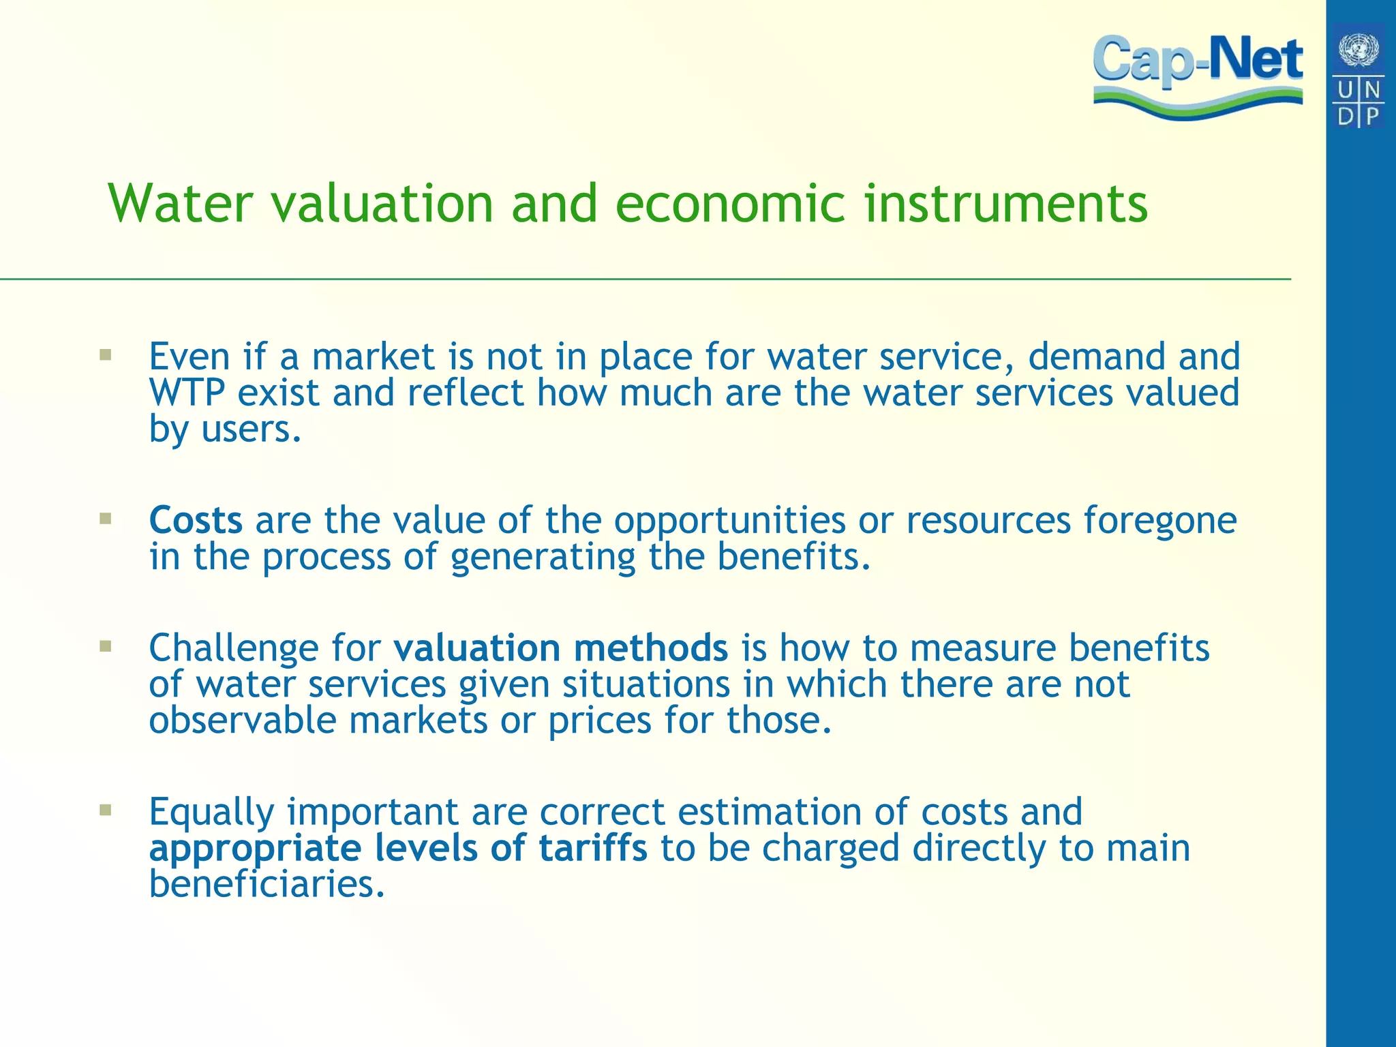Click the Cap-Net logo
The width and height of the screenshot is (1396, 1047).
(x=1198, y=75)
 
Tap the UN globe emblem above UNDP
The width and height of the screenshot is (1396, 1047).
(x=1359, y=50)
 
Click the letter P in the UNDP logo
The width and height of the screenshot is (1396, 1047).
(x=1371, y=115)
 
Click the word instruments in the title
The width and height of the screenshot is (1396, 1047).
(x=1006, y=204)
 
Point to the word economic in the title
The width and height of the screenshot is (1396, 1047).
(x=730, y=204)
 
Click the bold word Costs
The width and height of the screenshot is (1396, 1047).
(x=196, y=520)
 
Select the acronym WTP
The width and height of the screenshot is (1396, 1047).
(x=187, y=393)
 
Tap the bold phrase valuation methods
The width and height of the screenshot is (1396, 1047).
(x=560, y=648)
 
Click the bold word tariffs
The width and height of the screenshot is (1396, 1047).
(x=593, y=848)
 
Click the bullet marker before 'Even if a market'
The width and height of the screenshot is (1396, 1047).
(x=105, y=354)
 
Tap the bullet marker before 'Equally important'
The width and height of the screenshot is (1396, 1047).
(x=105, y=810)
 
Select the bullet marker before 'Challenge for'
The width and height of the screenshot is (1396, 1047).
(x=105, y=646)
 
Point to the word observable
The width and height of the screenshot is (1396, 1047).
(x=243, y=720)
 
